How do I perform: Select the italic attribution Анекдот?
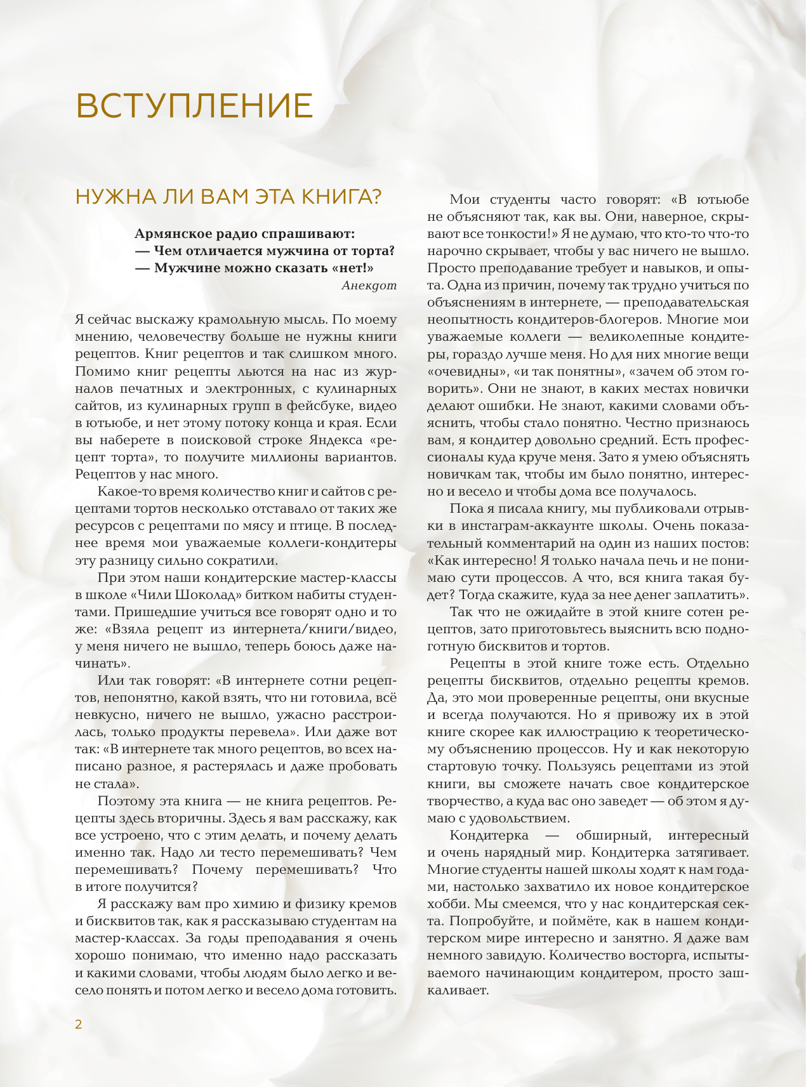369,285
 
